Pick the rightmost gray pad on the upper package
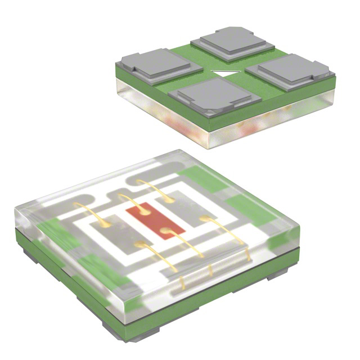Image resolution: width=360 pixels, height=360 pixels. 291,70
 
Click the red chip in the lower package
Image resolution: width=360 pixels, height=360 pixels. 154,221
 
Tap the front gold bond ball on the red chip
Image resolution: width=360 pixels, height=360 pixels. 164,231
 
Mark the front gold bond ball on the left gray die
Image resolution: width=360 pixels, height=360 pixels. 138,244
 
